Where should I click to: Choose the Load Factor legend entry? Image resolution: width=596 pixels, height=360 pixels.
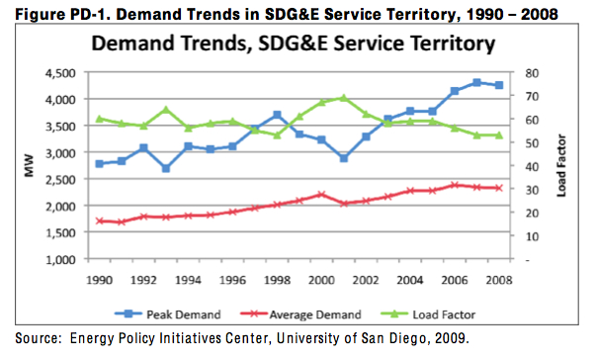(x=436, y=315)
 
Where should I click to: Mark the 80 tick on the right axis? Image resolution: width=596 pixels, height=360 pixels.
(x=530, y=72)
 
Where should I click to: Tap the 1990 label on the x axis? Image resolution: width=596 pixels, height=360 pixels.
(x=100, y=280)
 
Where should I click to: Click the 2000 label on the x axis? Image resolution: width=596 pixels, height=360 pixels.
(x=320, y=280)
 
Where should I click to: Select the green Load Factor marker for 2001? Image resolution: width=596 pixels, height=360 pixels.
(x=343, y=98)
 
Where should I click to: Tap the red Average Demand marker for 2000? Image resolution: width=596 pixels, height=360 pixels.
(x=321, y=195)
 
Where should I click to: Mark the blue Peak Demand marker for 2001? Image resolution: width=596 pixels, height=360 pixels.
(x=343, y=158)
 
